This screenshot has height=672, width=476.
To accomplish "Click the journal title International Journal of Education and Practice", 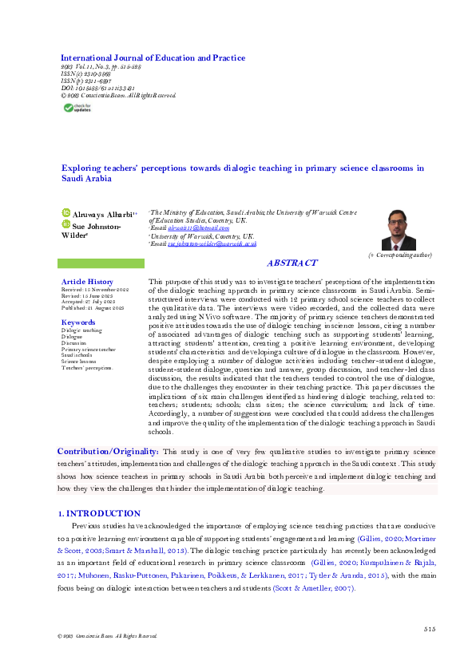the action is coord(153,57).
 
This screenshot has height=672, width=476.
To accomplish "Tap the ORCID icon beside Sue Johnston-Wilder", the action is coord(66,226).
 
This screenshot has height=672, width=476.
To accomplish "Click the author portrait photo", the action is coord(398,229).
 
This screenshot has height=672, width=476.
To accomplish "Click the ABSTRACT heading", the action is coord(292,263).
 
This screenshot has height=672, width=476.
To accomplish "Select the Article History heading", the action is coord(88,282).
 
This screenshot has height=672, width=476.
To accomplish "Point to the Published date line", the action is coord(93,307).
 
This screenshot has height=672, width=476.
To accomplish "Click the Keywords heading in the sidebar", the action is coord(78,322).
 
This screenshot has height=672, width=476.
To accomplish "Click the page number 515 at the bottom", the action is coord(430,630).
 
